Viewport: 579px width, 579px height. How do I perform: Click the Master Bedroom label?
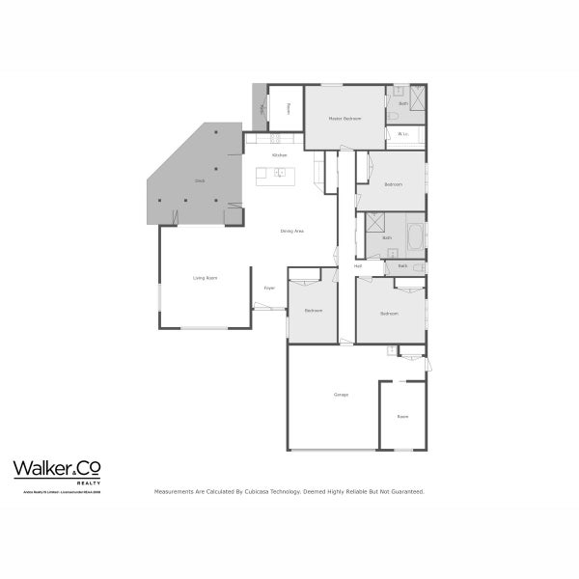point(345,119)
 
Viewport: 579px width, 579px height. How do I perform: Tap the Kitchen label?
point(280,155)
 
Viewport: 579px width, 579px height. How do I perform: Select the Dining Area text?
point(292,232)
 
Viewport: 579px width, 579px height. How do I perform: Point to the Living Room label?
point(205,278)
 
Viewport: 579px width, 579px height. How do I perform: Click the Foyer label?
point(270,288)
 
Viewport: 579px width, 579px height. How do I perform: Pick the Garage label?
point(341,395)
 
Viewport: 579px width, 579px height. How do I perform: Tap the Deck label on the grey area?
point(200,180)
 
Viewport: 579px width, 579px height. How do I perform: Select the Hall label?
point(358,265)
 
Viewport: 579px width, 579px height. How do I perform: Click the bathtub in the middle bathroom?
point(415,235)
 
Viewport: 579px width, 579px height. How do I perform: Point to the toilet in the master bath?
point(395,116)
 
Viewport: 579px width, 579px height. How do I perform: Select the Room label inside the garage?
point(402,417)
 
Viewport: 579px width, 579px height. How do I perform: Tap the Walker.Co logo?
point(57,469)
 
